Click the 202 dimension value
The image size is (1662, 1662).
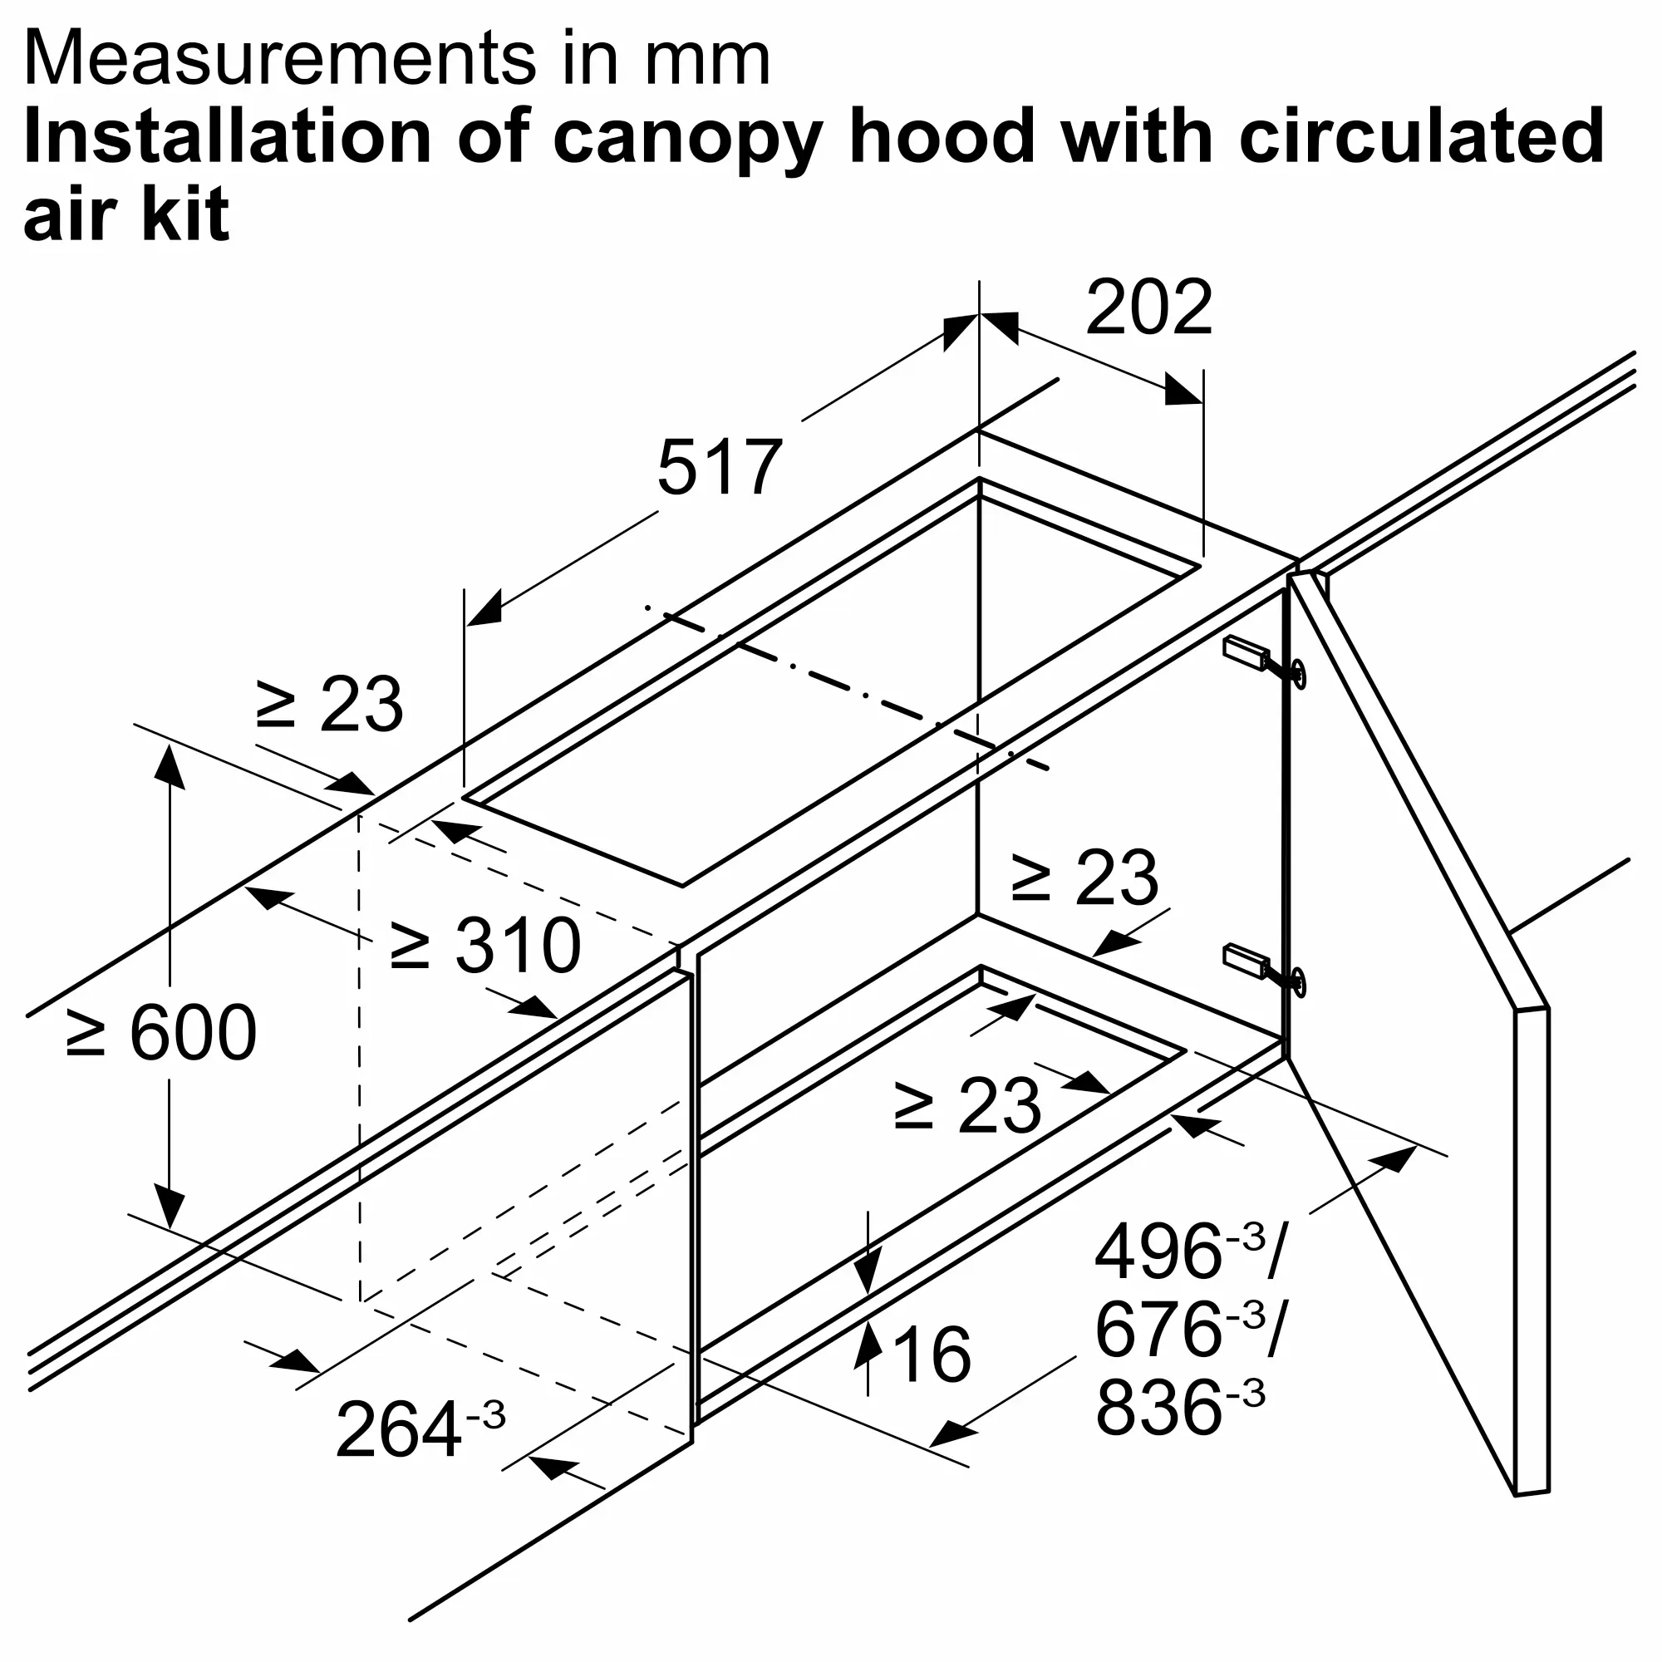[1148, 307]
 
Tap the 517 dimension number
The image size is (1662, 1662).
[719, 467]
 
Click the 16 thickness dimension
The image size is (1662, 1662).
[932, 1355]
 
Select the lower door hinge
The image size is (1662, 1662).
[1264, 970]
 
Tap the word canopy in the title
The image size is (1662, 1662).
[687, 140]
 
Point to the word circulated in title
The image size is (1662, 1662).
[1422, 135]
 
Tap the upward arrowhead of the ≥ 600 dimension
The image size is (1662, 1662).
[170, 766]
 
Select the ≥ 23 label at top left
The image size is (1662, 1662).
[329, 704]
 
